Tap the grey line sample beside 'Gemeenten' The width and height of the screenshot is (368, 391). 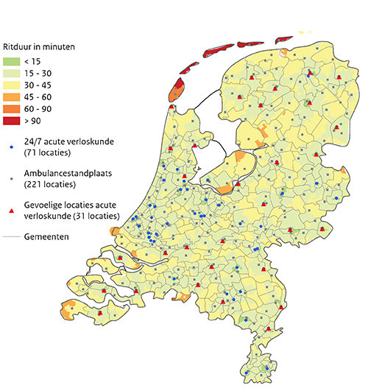coord(11,238)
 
